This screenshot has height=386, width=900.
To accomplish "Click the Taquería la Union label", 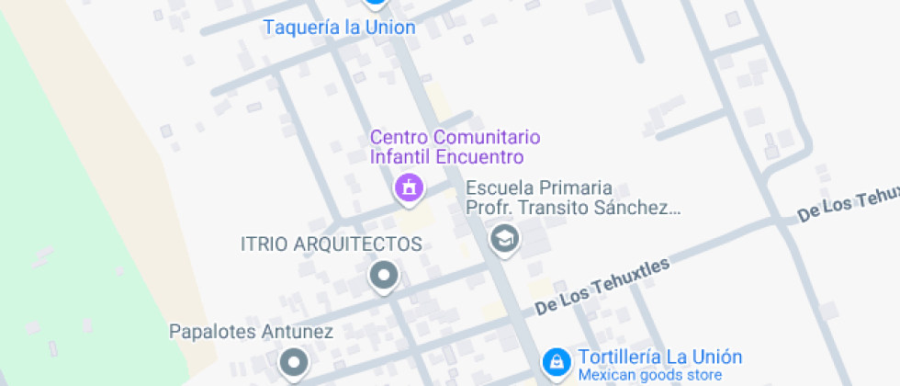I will [x=339, y=28].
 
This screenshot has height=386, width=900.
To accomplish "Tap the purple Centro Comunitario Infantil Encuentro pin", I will [x=408, y=188].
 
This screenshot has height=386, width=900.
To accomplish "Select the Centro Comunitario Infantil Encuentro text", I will [x=455, y=147].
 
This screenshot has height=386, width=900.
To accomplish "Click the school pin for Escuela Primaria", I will [x=504, y=239].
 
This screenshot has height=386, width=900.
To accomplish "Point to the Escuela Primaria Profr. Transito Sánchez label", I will [x=573, y=198].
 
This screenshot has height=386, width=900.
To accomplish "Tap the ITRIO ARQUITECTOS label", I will [x=331, y=244].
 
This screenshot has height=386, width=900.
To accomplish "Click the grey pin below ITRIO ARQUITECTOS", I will [x=383, y=275].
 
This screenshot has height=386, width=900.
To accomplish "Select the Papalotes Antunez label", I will [x=251, y=331].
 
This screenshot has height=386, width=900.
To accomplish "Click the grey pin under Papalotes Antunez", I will [x=293, y=363].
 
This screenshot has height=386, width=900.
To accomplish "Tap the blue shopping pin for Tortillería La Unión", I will [x=555, y=362].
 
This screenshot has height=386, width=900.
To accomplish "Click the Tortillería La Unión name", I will [x=659, y=358].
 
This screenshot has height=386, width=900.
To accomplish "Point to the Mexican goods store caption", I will [x=649, y=375].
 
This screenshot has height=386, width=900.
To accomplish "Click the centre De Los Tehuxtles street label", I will [x=602, y=286].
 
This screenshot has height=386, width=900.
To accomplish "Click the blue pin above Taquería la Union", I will [x=374, y=3].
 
